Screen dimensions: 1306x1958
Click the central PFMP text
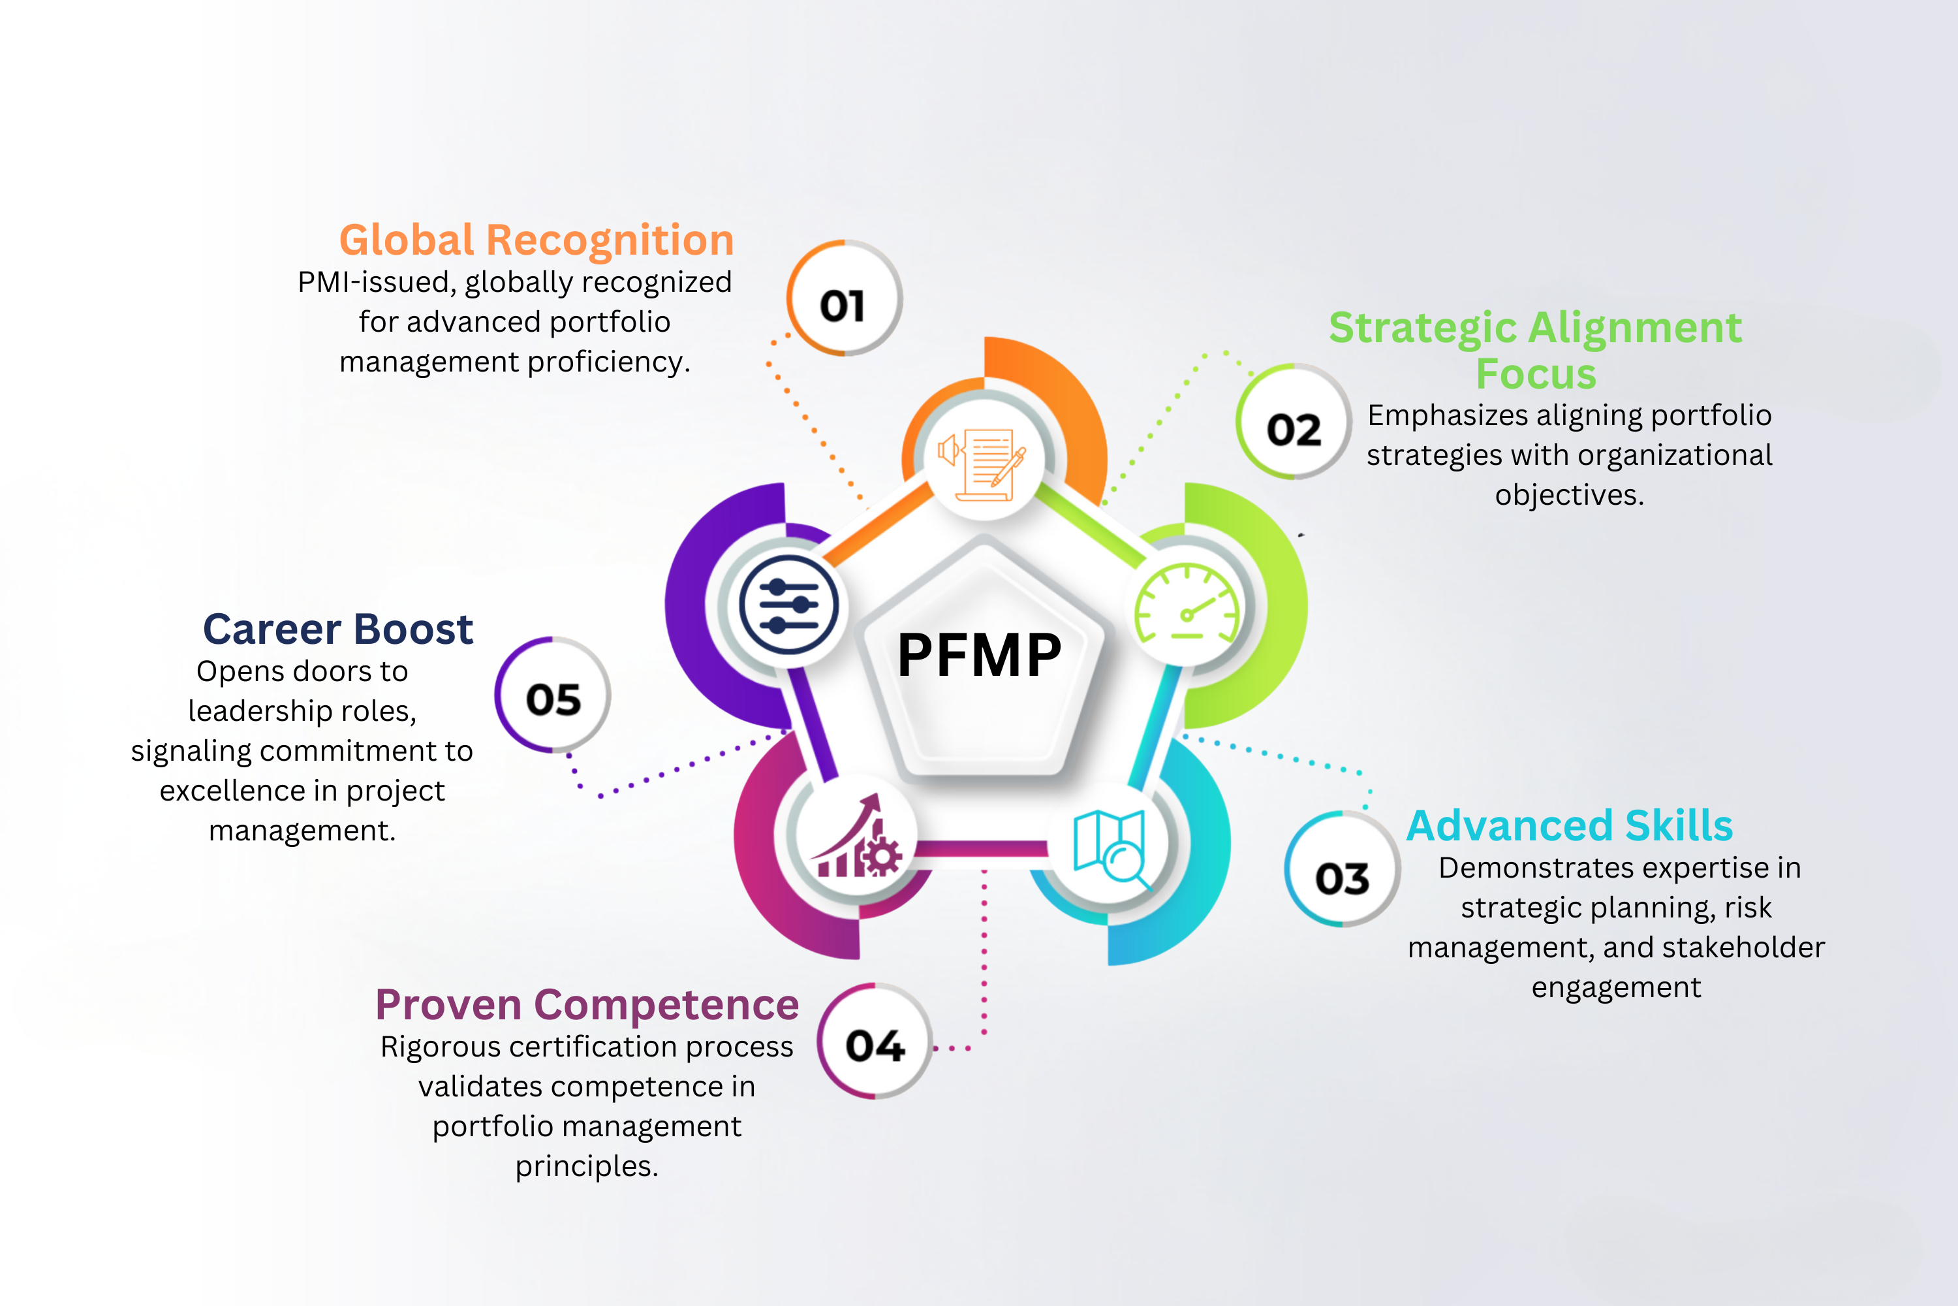pyautogui.click(x=979, y=655)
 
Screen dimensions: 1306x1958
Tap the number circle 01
pyautogui.click(x=843, y=299)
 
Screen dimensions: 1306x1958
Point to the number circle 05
pyautogui.click(x=553, y=696)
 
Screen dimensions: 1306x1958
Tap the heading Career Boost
pyautogui.click(x=338, y=629)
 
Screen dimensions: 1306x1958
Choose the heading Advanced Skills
pyautogui.click(x=1569, y=825)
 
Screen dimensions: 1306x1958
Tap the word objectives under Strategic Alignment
pyautogui.click(x=1569, y=495)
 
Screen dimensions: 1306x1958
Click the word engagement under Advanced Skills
pyautogui.click(x=1616, y=987)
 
